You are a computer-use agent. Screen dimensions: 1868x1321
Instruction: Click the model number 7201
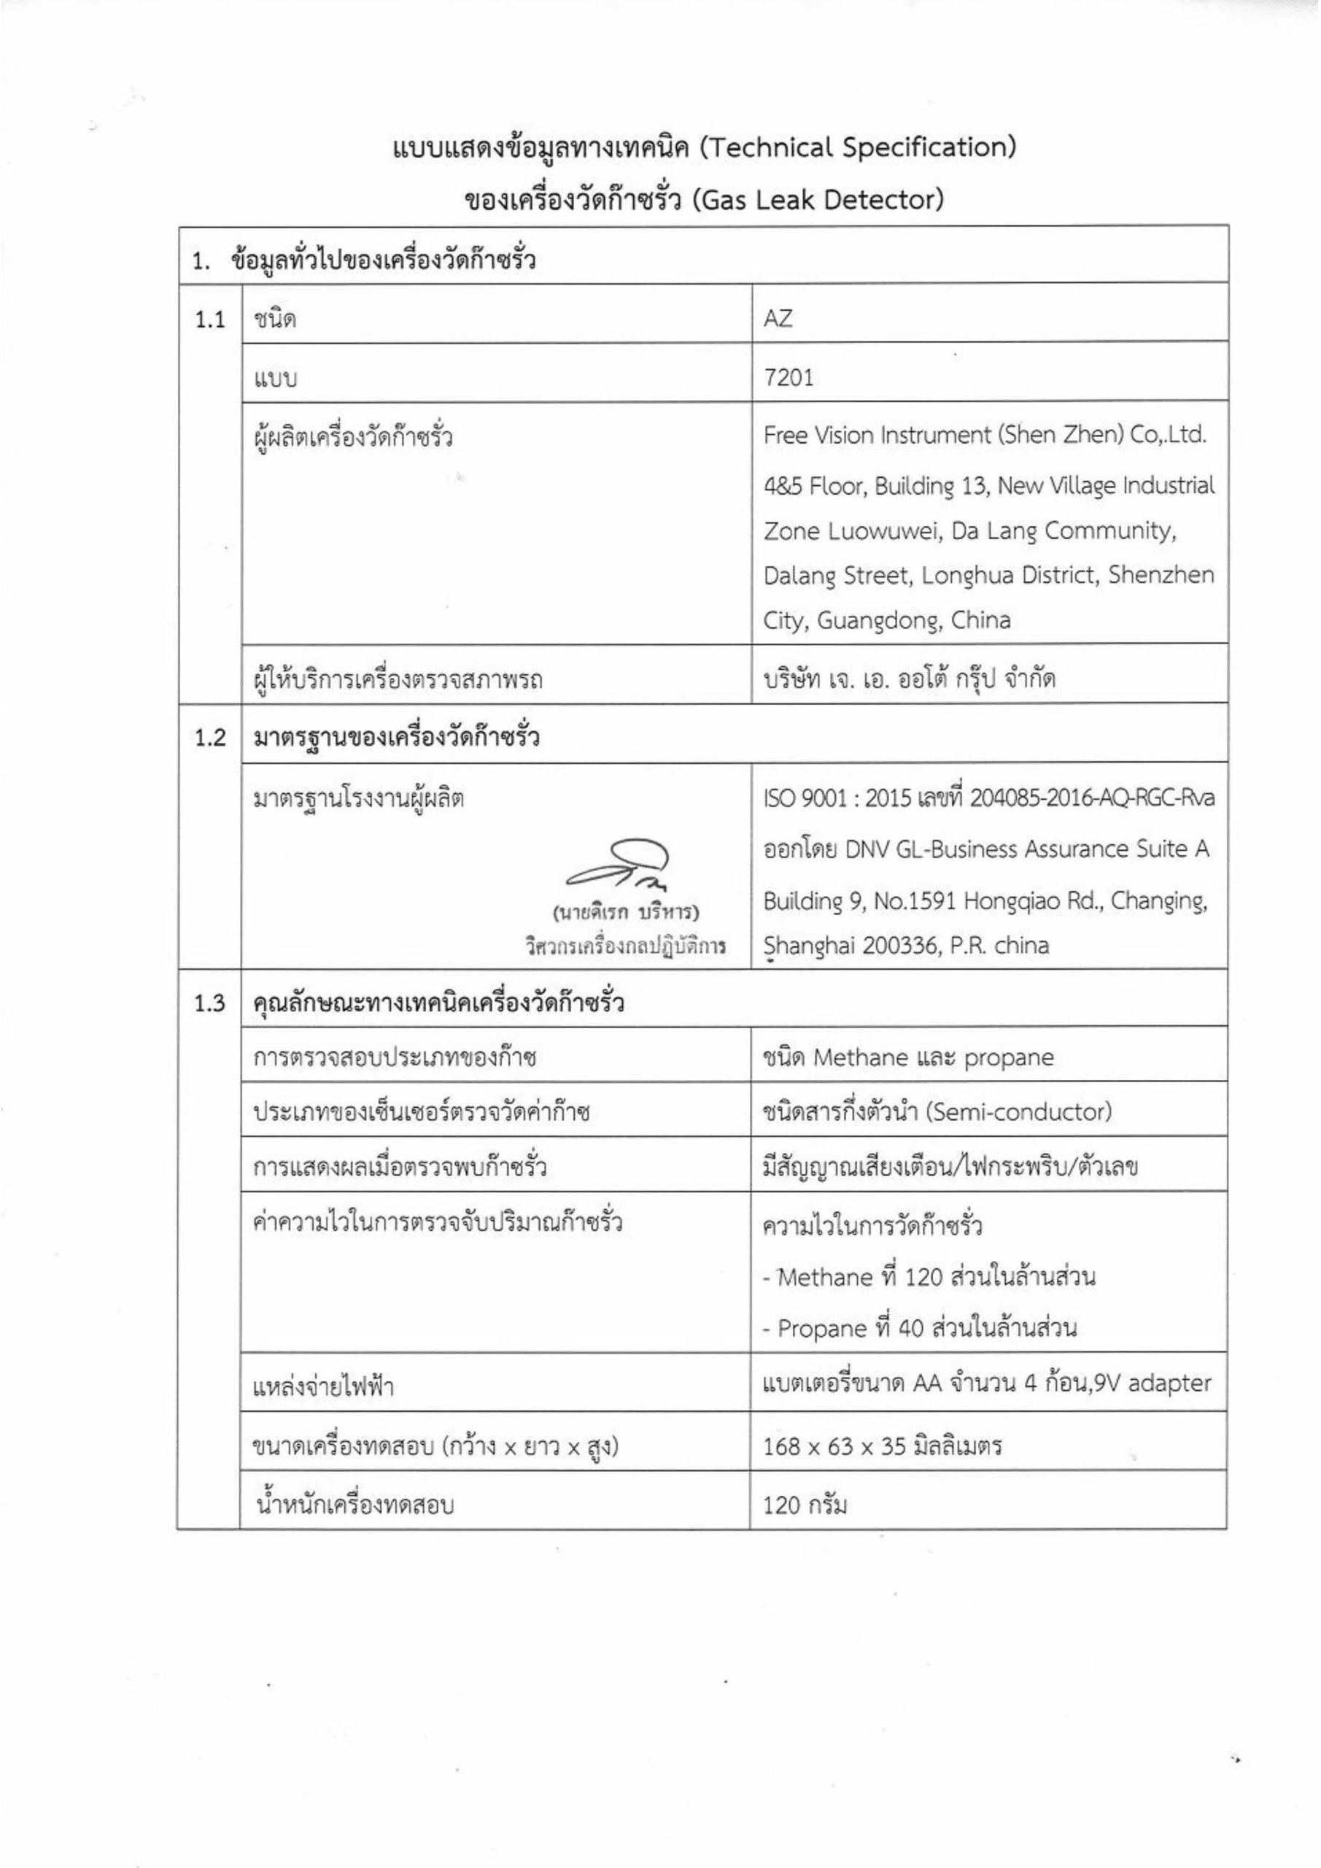(789, 377)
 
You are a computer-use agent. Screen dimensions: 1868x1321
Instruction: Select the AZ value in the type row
(778, 319)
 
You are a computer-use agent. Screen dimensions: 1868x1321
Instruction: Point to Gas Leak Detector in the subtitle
(817, 199)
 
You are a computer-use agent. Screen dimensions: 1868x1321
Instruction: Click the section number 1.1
(210, 320)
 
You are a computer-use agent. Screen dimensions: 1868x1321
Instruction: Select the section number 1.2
(210, 738)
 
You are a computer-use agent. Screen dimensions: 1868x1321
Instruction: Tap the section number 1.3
(210, 1004)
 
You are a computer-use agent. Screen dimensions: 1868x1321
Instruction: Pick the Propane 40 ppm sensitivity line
(919, 1329)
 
